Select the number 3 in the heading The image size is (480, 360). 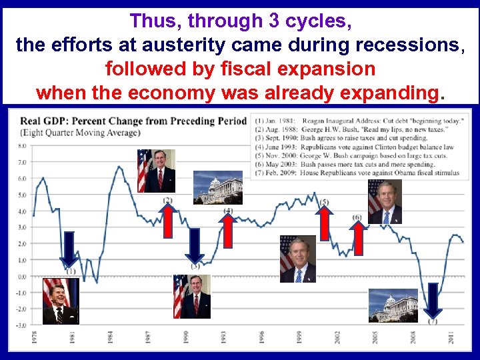(274, 21)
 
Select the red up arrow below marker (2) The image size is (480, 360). (168, 224)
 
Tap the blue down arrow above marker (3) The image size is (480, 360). (194, 245)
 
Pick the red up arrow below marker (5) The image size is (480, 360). (324, 222)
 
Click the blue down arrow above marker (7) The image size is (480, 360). (433, 301)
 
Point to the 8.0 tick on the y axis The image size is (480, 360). (22, 146)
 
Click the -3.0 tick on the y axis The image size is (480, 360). (21, 325)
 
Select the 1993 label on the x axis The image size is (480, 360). (223, 339)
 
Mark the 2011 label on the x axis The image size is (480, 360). (451, 339)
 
